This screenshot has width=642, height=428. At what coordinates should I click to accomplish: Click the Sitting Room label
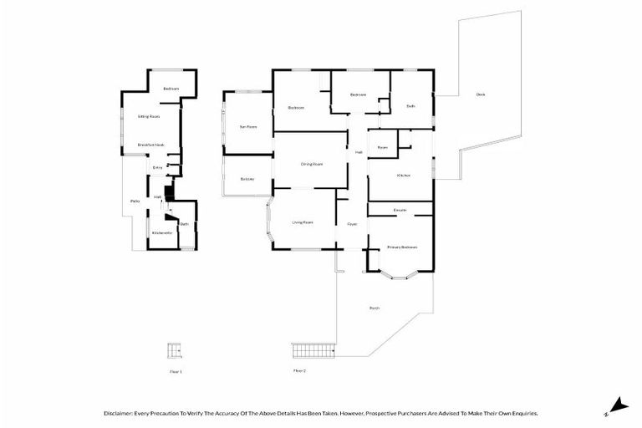149,116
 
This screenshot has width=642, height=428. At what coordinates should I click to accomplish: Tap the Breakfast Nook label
150,145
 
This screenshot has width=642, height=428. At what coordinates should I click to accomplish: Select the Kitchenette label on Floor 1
161,232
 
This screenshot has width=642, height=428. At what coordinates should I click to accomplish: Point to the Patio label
134,201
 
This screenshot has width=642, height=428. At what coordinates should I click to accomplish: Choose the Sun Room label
247,126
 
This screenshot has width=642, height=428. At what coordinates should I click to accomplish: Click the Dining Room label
312,164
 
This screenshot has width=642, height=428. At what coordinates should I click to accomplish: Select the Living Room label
302,222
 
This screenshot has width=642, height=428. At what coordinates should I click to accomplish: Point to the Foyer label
352,224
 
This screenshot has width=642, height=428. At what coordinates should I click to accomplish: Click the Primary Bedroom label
401,247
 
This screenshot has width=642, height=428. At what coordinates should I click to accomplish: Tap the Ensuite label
400,210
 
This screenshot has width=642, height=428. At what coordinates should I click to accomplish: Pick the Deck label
480,94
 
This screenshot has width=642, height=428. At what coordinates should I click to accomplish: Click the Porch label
374,308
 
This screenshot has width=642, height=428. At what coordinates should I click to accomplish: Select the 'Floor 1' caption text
176,370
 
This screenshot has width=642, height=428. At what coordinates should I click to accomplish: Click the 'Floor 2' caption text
299,370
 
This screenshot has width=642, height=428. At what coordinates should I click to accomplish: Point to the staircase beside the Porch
313,348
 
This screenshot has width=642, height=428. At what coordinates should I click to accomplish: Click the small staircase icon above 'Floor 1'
175,349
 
